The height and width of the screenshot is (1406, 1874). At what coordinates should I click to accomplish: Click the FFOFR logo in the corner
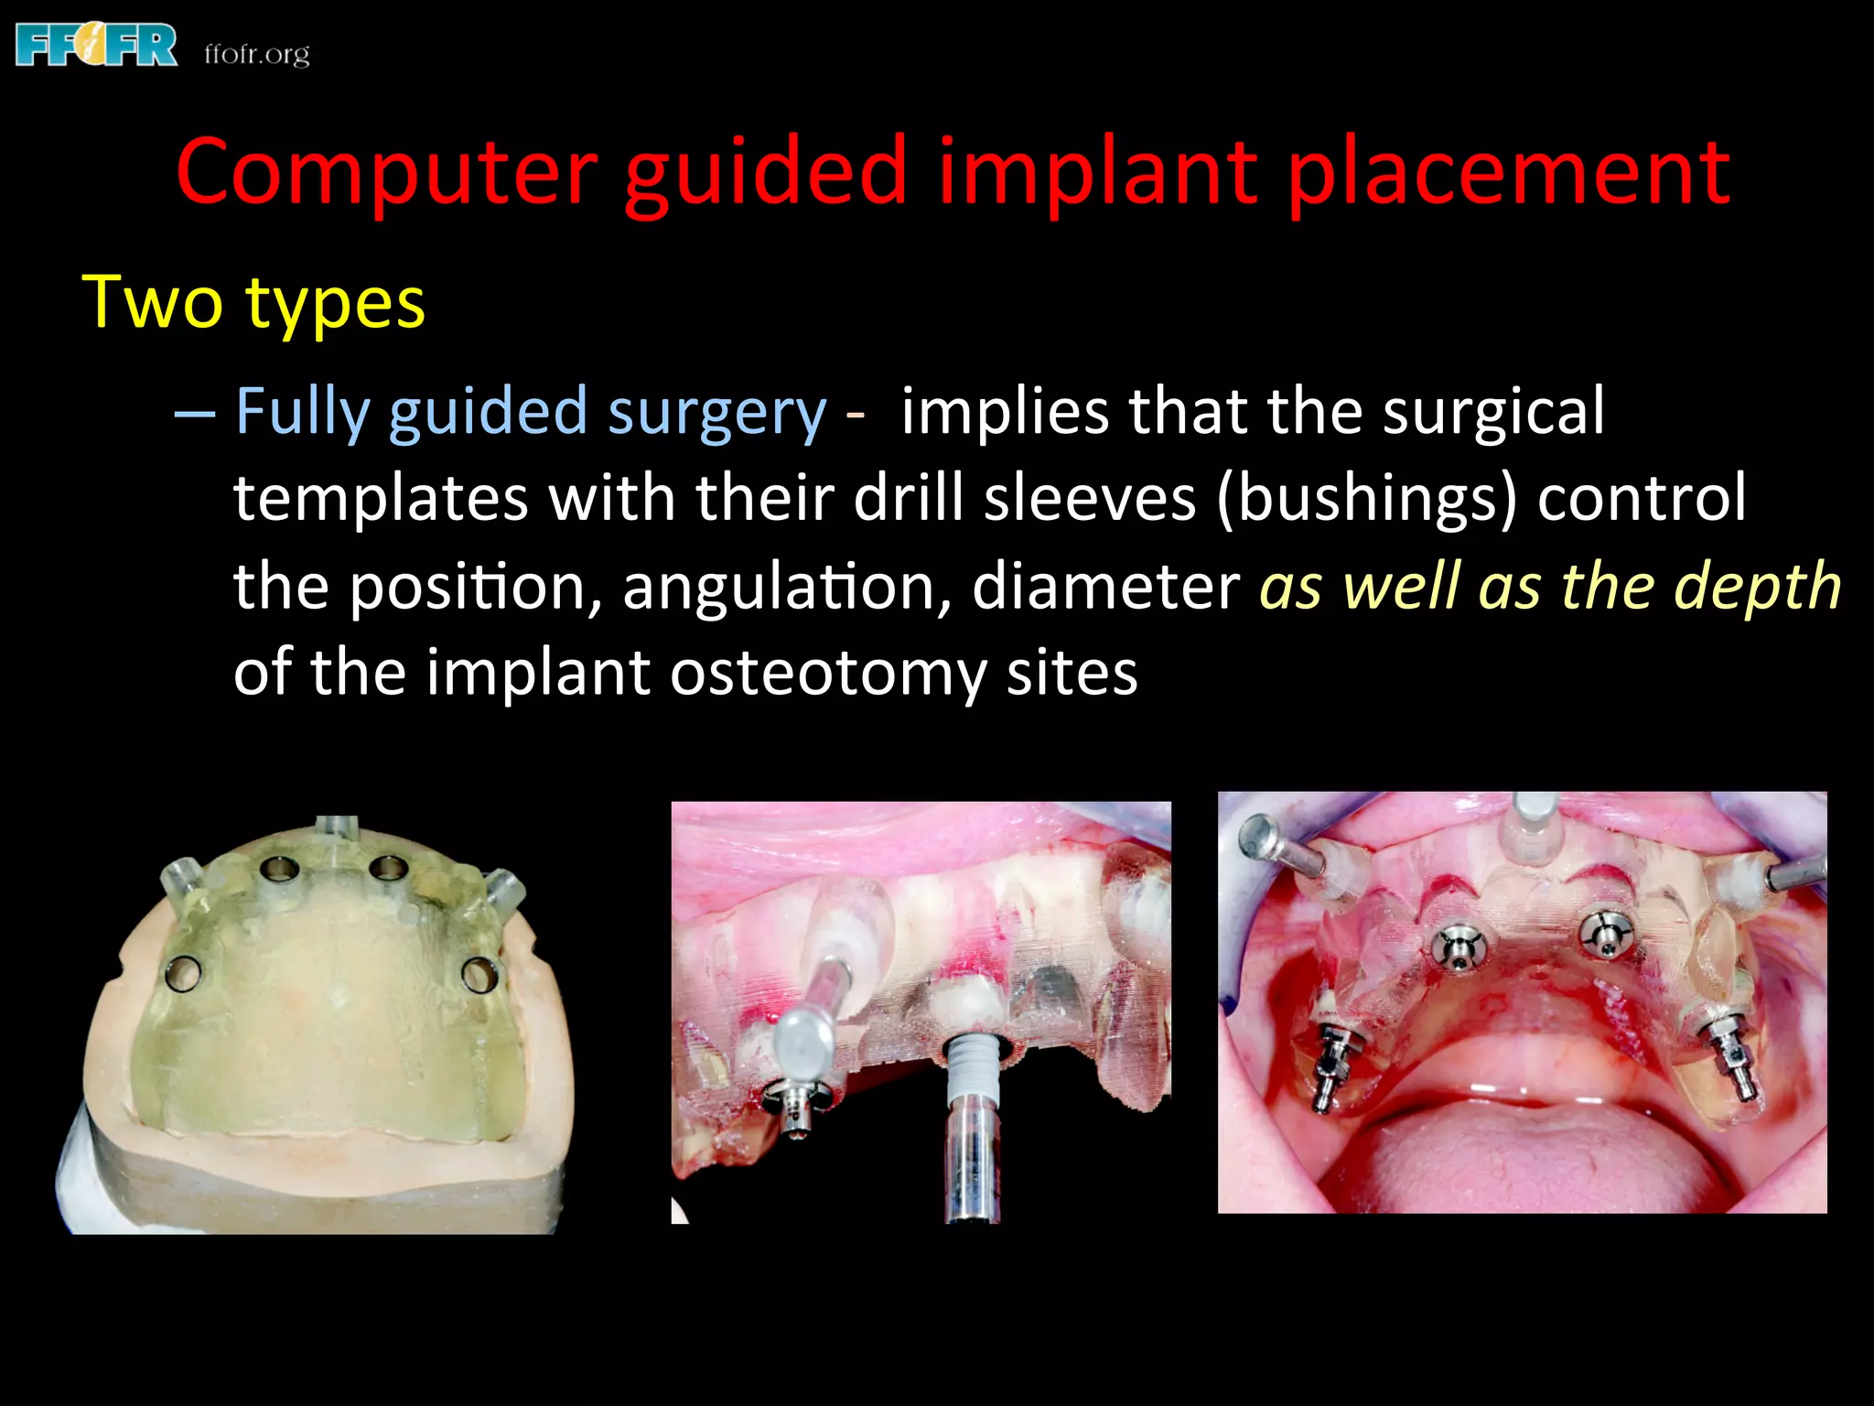pos(96,46)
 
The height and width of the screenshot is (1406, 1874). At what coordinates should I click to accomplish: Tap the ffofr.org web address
pos(257,54)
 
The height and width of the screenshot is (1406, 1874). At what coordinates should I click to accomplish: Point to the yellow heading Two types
pos(253,302)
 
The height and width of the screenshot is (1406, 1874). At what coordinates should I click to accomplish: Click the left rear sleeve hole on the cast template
pos(183,973)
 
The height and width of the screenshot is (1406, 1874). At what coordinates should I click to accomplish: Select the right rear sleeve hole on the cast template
pos(479,974)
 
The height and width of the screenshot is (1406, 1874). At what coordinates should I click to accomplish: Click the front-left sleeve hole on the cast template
pos(278,867)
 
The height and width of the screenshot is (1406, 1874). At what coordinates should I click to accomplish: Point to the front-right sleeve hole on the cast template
pos(388,867)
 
